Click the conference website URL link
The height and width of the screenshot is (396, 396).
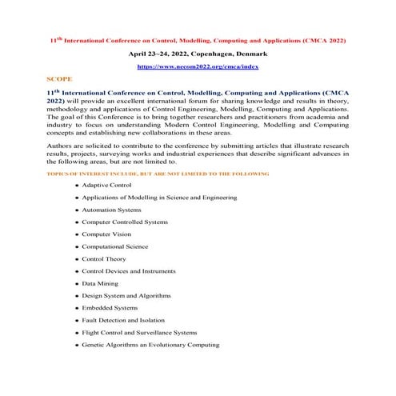click(197, 68)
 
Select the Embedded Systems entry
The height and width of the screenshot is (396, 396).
click(110, 308)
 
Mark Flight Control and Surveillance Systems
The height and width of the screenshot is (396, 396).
click(139, 332)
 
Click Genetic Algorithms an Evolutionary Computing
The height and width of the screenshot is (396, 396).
click(150, 345)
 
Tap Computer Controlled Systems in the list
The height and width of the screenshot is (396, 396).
click(125, 222)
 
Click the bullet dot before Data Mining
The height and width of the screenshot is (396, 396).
click(76, 284)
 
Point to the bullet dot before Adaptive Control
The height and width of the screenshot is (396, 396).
click(76, 186)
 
